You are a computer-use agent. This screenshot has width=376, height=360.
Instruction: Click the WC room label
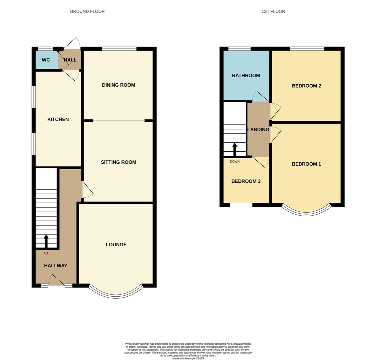click(x=46, y=60)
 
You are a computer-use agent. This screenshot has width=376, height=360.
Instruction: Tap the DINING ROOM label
click(x=118, y=85)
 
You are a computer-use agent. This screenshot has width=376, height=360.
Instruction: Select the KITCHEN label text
click(x=58, y=119)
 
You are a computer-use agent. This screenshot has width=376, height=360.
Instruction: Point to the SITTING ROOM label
click(x=118, y=162)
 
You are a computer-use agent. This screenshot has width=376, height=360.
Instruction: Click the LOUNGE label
click(x=116, y=245)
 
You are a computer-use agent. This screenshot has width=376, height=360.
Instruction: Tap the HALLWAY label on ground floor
click(x=56, y=266)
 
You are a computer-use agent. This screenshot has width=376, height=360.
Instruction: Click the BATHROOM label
click(x=246, y=76)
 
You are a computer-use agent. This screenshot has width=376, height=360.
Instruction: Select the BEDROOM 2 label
click(x=306, y=86)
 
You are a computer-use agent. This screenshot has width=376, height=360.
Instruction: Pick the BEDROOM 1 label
click(x=306, y=164)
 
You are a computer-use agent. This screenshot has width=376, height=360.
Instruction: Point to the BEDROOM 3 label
click(x=246, y=181)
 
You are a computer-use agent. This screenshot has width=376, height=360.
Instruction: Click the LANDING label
click(x=258, y=130)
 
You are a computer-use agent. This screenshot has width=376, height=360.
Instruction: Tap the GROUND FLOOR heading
click(x=87, y=11)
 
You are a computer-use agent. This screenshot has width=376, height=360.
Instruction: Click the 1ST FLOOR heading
click(x=273, y=11)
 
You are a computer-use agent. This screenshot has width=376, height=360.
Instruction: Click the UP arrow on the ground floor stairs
click(x=46, y=241)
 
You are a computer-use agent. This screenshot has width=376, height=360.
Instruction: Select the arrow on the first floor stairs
click(x=235, y=149)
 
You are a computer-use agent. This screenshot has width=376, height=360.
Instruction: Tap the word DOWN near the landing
click(x=234, y=162)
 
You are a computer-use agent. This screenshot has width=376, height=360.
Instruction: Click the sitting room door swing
click(x=88, y=190)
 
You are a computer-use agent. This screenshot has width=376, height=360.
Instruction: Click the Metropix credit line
click(x=188, y=358)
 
